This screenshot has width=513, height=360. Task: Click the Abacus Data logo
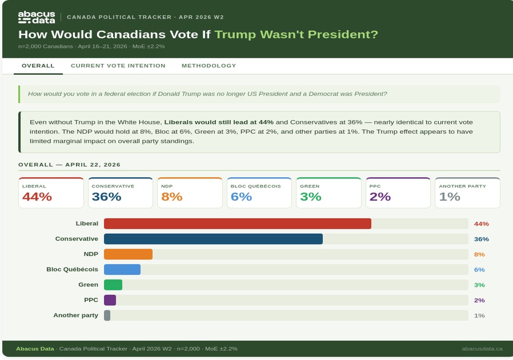[x=37, y=17]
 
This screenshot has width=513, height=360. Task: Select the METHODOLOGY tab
[x=209, y=66]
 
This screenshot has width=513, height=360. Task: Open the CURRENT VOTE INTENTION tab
[x=118, y=66]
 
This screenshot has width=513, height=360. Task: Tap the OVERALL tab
[x=38, y=66]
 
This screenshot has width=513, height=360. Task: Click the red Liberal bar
[x=237, y=223]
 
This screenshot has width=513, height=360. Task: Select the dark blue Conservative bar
[x=213, y=239]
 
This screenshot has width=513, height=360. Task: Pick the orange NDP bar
[x=128, y=254]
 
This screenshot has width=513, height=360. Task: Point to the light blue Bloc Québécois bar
[x=122, y=269]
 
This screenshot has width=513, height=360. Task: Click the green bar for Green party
[x=113, y=285]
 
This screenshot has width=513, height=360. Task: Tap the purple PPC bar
[x=110, y=300]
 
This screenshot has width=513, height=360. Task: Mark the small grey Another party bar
[x=107, y=315]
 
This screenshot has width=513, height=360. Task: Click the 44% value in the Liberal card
[x=37, y=197]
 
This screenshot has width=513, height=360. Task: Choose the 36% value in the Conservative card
[x=106, y=197]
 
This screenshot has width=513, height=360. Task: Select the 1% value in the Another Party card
[x=449, y=197]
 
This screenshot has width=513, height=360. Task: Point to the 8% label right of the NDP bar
[x=479, y=254]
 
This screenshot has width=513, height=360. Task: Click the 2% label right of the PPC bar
[x=479, y=300]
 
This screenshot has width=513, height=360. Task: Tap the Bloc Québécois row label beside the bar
[x=72, y=269]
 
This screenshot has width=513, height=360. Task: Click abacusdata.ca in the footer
[x=482, y=349]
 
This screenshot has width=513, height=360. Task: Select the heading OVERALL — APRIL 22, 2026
[x=69, y=165]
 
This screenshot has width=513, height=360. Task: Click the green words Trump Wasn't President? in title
[x=296, y=34]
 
